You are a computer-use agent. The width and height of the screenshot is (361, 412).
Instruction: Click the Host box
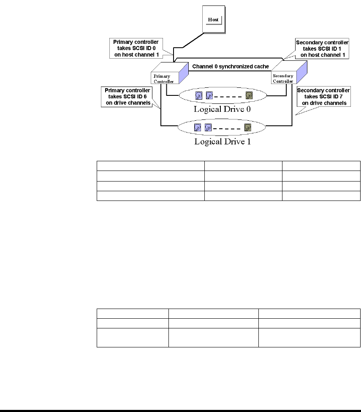tap(214, 19)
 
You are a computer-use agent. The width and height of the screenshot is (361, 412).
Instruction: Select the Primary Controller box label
tap(164, 79)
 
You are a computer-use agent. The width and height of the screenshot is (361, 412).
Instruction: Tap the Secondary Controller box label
tap(283, 78)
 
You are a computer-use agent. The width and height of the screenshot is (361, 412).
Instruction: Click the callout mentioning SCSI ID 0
tap(136, 49)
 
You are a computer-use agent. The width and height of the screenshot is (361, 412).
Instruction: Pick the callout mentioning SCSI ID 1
tap(322, 49)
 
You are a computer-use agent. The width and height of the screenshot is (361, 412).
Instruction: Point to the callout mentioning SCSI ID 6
tap(127, 97)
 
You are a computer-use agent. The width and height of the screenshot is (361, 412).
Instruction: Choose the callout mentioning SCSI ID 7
tap(324, 97)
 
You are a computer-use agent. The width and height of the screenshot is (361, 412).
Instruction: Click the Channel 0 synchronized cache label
tap(231, 66)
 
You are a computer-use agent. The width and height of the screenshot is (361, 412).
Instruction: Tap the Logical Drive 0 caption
tap(222, 109)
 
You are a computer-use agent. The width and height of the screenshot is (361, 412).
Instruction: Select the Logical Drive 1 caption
tap(223, 141)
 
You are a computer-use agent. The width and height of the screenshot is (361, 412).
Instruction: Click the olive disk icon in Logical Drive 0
tap(249, 95)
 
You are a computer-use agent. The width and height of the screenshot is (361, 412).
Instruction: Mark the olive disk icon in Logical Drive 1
tap(248, 128)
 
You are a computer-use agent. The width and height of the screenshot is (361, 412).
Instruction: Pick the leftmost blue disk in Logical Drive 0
tap(199, 95)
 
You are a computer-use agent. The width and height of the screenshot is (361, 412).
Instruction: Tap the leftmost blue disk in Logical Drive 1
tap(198, 128)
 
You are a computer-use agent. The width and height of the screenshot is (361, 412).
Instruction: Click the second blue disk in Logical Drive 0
tap(209, 95)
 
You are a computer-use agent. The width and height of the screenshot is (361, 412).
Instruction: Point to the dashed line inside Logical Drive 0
tap(228, 97)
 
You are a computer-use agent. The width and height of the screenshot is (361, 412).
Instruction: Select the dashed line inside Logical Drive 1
tap(227, 129)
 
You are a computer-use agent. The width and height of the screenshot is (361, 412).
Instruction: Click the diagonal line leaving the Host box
tap(193, 40)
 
